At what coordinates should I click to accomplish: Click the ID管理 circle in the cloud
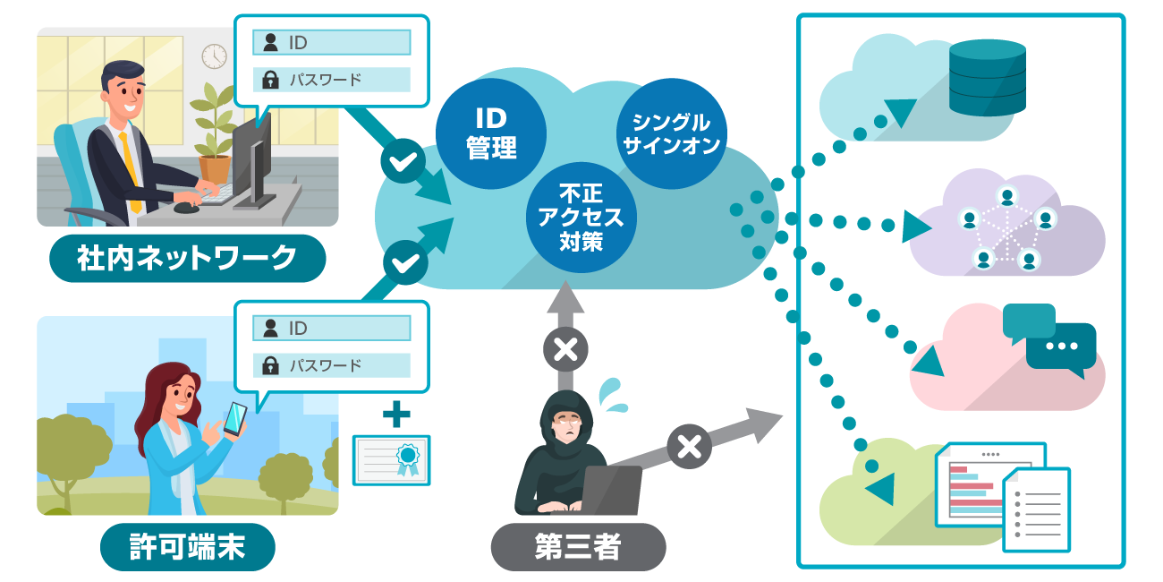490,132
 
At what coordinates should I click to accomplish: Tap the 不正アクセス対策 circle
580,216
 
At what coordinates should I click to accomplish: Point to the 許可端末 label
186,546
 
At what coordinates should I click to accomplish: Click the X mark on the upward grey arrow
565,349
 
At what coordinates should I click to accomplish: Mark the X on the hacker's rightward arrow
688,446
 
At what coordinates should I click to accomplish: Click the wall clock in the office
214,56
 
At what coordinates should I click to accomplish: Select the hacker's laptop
608,490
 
